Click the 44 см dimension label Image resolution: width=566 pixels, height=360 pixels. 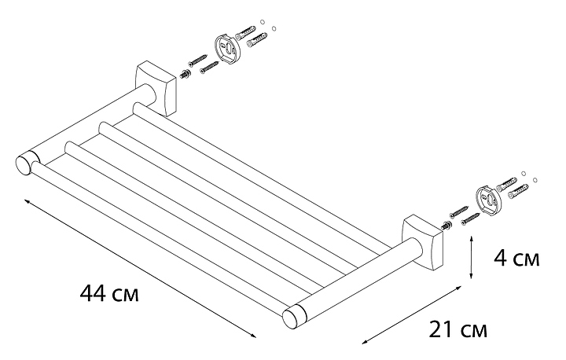coord(109,293)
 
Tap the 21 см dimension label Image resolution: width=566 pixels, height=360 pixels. coord(458,329)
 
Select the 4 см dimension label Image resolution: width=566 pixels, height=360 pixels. coord(516,258)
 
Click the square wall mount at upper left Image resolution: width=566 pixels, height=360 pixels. coord(156,89)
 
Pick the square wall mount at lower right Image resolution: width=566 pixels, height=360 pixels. coord(422,243)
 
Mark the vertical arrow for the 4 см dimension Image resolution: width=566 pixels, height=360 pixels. coord(471,258)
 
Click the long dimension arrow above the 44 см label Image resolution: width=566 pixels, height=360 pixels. coord(140,267)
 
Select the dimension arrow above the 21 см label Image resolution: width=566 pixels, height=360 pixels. coord(412,314)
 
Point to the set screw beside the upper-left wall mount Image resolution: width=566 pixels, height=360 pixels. coord(186,75)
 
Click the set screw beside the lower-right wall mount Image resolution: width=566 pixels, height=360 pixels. coord(447,226)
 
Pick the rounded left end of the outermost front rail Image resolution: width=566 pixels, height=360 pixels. coord(36,167)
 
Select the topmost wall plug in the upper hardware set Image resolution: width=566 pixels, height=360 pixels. coord(245,31)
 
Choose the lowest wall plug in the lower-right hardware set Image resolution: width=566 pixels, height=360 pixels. coord(518,191)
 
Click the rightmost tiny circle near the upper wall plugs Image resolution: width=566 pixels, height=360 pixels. coord(274,28)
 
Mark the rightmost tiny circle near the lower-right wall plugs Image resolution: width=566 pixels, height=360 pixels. coord(535,179)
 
